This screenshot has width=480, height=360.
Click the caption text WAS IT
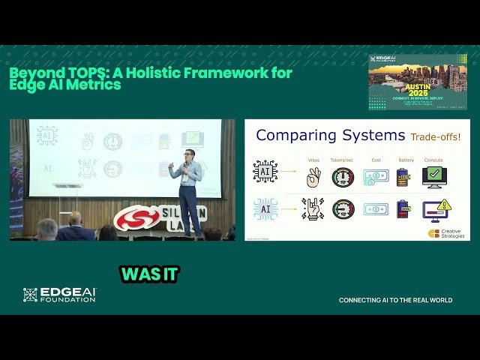[150, 274]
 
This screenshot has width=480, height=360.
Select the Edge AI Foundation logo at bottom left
[59, 295]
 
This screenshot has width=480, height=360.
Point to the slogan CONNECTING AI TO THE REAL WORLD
[395, 300]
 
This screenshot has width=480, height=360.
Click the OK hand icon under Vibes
[313, 177]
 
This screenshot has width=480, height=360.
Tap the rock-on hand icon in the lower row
[313, 209]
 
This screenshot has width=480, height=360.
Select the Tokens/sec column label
[344, 160]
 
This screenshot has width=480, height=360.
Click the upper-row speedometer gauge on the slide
[343, 177]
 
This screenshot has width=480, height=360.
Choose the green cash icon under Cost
[376, 177]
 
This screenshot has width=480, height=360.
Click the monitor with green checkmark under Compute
[433, 177]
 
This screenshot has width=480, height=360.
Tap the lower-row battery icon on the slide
[403, 209]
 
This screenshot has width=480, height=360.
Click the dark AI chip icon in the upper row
[265, 172]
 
